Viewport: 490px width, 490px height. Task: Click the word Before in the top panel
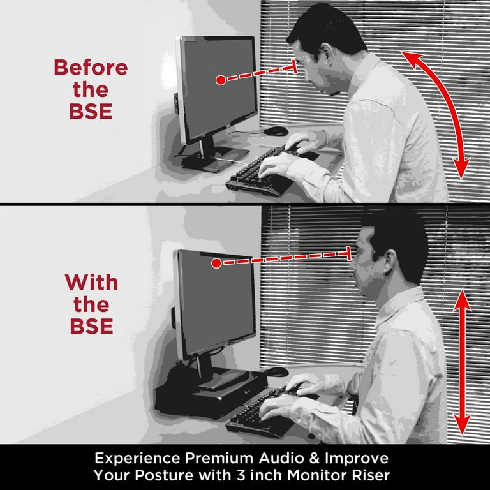91,68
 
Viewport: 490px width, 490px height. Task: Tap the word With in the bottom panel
91,283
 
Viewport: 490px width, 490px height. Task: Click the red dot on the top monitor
221,80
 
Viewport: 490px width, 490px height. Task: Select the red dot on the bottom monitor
216,264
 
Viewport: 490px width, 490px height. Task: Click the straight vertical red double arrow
462,362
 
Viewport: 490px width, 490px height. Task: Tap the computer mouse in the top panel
276,131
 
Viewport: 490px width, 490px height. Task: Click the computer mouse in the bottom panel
276,372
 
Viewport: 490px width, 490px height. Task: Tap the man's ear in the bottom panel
389,260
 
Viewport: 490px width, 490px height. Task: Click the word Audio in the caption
281,459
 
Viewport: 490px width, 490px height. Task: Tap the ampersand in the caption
315,459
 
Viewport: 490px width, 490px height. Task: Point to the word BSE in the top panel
91,111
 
